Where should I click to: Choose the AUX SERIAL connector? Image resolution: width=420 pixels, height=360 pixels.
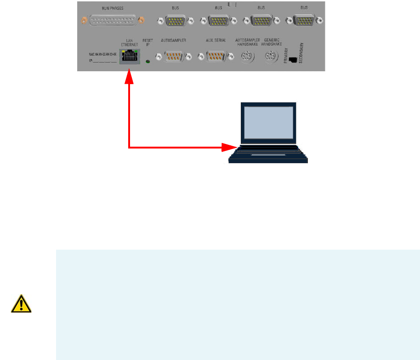tap(214, 57)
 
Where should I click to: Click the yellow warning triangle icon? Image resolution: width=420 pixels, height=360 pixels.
tap(21, 303)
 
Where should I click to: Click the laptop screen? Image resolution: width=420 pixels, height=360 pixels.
tap(269, 122)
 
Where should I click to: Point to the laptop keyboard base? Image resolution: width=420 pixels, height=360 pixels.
tap(268, 154)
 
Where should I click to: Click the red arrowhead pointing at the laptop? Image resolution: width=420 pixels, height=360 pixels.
tap(228, 148)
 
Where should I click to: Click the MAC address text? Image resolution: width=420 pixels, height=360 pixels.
tap(103, 54)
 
